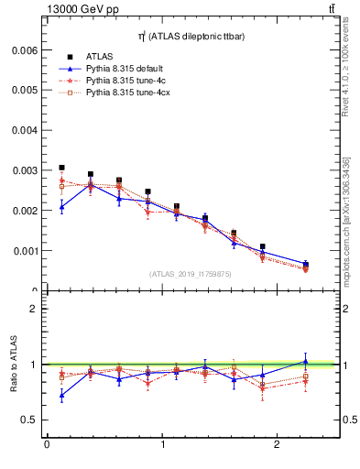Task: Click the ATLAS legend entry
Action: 100,57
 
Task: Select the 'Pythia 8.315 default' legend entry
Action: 124,69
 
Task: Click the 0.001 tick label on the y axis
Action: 24,250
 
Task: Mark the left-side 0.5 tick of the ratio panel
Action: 30,420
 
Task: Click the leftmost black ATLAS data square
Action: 61,169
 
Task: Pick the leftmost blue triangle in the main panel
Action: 61,207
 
